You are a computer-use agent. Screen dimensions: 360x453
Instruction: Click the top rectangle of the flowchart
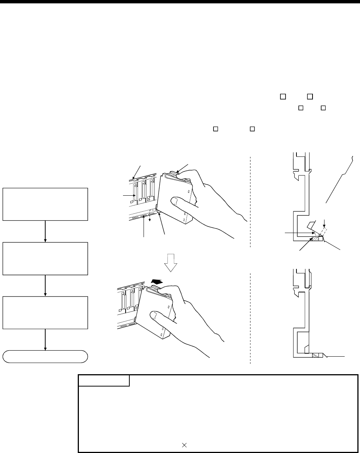[45, 204]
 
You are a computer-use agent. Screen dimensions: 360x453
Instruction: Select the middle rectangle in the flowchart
[45, 259]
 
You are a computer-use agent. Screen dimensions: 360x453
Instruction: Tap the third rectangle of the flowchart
[45, 313]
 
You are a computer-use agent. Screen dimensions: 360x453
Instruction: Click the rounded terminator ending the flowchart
[45, 357]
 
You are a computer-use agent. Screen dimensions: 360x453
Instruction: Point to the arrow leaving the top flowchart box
[45, 231]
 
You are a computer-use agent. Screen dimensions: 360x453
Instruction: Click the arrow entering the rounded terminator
[45, 340]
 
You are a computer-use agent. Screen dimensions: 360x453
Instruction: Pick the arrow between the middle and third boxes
[45, 286]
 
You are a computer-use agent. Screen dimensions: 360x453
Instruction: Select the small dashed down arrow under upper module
[150, 218]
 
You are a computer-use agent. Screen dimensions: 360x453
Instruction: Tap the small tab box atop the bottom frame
[104, 381]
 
